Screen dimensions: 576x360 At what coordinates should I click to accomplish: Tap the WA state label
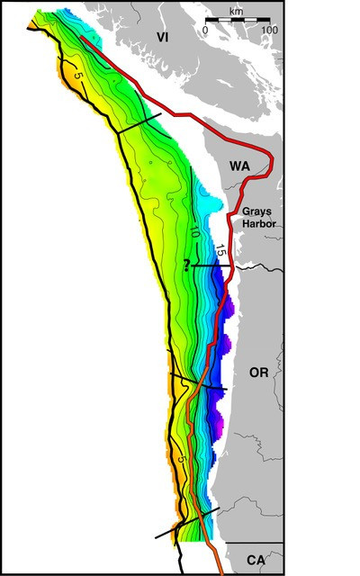[x=239, y=167]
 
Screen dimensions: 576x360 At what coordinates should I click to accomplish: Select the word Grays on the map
[x=256, y=210]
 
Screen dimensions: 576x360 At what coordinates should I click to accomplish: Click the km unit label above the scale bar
[x=237, y=11]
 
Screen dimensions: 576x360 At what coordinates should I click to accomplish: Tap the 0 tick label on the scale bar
[x=205, y=30]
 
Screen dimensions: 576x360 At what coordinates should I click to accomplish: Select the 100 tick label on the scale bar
[x=269, y=30]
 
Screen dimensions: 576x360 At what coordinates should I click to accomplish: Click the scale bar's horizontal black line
[x=237, y=20]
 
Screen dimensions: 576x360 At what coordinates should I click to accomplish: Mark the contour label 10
[x=193, y=231]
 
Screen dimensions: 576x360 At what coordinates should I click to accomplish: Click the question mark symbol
[x=186, y=265]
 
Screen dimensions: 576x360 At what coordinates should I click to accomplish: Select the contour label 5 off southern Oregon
[x=183, y=460]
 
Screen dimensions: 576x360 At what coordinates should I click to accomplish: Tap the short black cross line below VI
[x=139, y=124]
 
